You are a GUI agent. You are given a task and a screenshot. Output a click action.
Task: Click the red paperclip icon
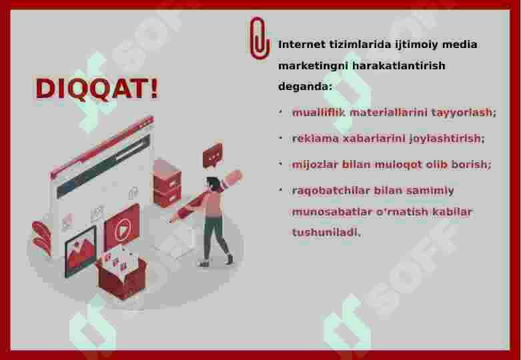[259, 38]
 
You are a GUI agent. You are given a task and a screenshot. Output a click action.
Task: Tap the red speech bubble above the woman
[213, 156]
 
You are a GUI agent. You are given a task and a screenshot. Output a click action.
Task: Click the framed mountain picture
[80, 250]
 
